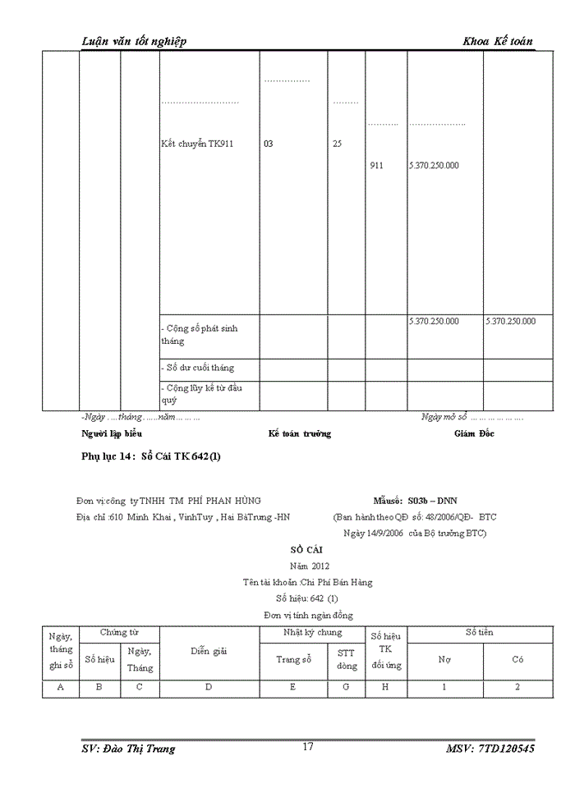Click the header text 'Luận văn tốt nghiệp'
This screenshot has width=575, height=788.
point(135,42)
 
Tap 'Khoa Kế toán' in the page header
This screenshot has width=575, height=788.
point(498,42)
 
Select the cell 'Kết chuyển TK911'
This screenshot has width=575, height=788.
point(198,144)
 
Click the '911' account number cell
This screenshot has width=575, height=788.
point(376,165)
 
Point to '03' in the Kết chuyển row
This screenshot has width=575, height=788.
point(269,144)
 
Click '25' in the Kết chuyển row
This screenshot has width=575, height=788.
point(337,144)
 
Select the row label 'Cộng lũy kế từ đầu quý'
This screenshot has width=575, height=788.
point(200,393)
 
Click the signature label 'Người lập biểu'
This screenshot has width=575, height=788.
point(112,433)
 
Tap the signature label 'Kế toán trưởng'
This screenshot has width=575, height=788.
point(300,433)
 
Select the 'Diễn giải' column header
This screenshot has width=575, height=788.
point(209,650)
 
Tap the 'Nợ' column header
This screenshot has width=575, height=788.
point(444,659)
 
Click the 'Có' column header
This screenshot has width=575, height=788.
point(517,659)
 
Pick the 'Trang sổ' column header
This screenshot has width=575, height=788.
point(293,659)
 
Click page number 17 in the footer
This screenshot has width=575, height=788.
point(308,746)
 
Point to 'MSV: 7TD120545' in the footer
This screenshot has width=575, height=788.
point(490,749)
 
